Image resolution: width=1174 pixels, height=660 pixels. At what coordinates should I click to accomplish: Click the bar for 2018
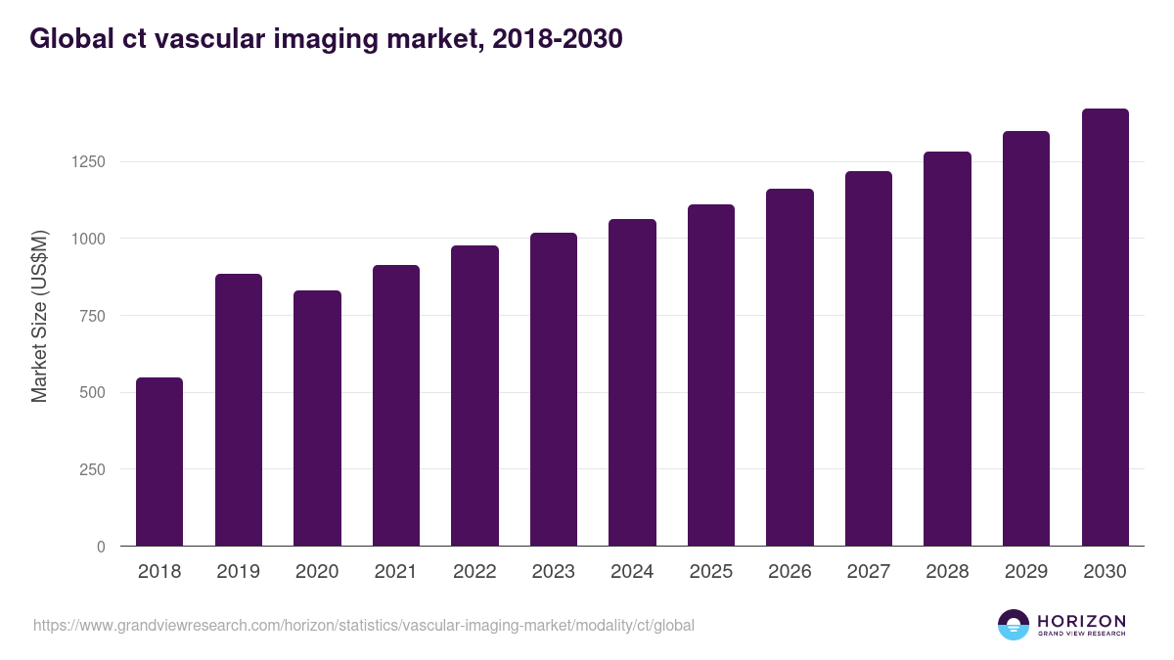[x=159, y=462]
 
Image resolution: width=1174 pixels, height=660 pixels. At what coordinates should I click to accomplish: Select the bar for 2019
[x=239, y=410]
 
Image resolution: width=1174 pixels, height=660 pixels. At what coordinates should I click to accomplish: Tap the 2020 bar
[x=317, y=418]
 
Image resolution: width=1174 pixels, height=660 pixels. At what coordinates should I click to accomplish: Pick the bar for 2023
[x=554, y=389]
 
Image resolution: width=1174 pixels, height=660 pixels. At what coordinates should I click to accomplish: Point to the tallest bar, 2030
[x=1105, y=328]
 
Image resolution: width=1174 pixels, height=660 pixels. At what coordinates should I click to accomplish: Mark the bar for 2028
[x=947, y=349]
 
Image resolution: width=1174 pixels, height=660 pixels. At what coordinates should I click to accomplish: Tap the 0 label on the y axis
[x=100, y=547]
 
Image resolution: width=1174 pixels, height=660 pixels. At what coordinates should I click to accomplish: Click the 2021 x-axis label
[x=395, y=572]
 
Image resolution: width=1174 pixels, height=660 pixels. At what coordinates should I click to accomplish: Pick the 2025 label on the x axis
[x=710, y=572]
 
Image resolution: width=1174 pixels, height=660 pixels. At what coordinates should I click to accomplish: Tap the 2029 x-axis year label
[x=1025, y=572]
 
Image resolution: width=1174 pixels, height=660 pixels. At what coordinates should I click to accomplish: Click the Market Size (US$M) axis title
[x=39, y=316]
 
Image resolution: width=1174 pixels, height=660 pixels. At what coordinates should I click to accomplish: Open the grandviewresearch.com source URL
[x=364, y=625]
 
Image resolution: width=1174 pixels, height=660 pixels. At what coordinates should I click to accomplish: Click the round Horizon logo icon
[x=1014, y=625]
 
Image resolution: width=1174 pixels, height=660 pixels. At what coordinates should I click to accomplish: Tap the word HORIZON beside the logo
[x=1081, y=621]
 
